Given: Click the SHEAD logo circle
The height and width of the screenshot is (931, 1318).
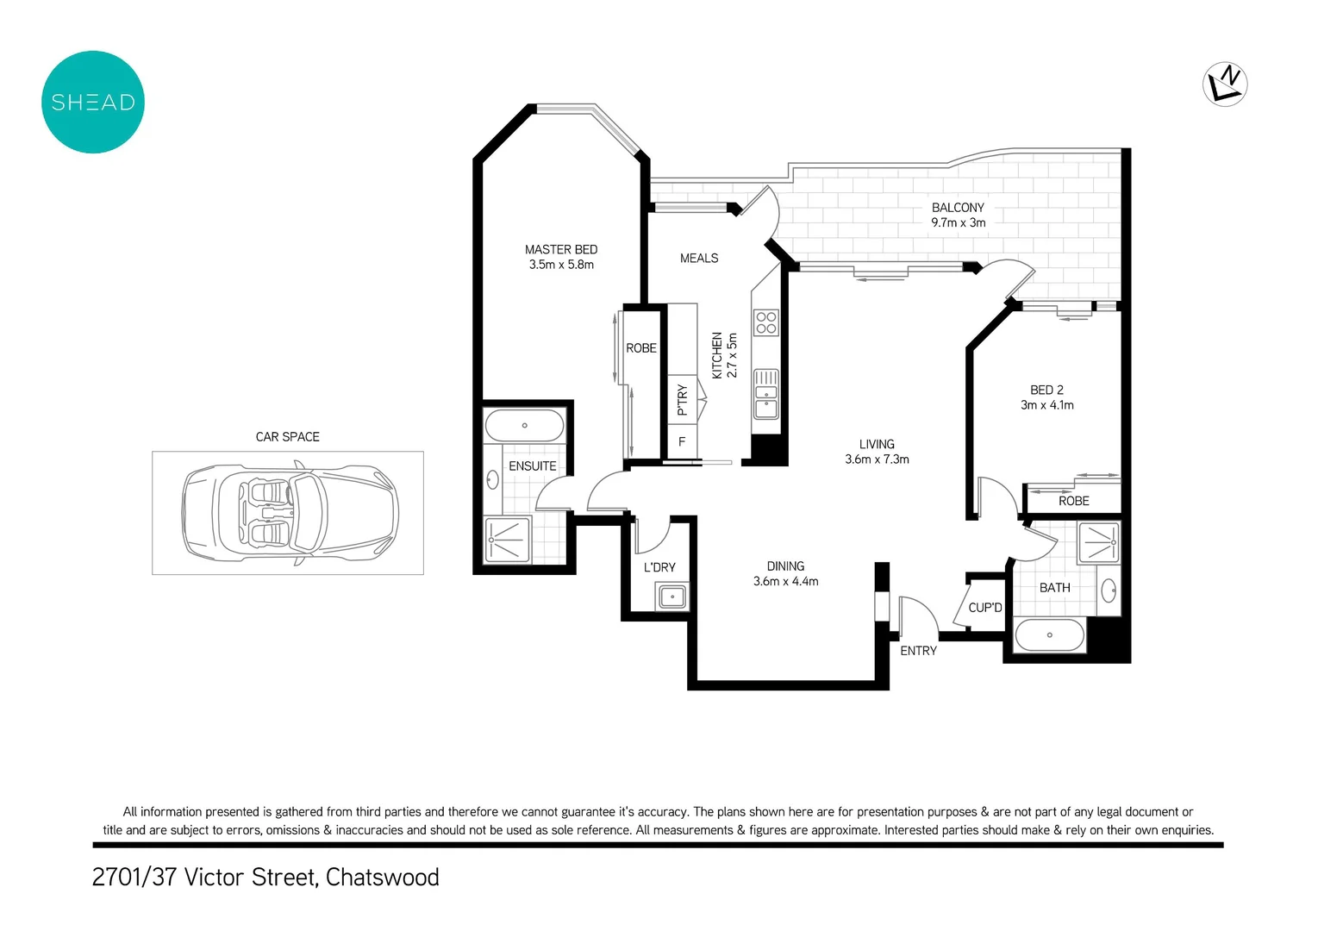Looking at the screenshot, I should pos(93,102).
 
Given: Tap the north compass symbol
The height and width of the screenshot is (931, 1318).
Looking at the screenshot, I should pos(1225,84).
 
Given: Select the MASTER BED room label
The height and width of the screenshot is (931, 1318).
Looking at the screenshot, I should pos(561,250).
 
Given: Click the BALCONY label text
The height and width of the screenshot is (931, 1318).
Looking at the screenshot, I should pos(958,208).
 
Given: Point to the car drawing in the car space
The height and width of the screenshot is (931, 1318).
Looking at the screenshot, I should pos(290,514).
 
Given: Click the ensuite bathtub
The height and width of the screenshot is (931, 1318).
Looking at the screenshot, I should pos(524,426).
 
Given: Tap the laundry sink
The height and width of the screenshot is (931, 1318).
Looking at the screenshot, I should pos(671,596).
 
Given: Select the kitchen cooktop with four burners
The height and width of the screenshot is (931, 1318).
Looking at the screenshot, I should pos(766,322).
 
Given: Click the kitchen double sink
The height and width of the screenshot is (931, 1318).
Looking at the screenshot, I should pos(766,393).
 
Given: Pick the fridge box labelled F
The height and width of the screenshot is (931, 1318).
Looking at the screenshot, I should pos(682,442).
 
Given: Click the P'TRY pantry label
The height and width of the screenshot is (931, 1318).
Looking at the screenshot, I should pos(682,400).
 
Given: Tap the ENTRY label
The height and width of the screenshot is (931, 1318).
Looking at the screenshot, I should pos(918,651).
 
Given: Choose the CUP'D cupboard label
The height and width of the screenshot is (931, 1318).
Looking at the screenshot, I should pos(985,608).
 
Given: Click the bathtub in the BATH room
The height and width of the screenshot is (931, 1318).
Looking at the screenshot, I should pos(1049,635).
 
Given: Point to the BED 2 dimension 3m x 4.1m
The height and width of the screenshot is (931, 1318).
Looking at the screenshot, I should pos(1047,405).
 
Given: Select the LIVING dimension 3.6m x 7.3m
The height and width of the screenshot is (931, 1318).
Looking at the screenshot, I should pos(877,459).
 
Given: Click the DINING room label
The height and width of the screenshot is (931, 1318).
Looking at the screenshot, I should pos(785,566).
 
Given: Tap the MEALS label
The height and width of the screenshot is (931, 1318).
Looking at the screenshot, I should pos(699,259).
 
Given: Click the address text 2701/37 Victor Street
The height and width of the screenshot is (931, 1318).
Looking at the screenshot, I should pos(265,878).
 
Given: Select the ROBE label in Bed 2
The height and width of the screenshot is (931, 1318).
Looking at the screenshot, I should pos(1074,501).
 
